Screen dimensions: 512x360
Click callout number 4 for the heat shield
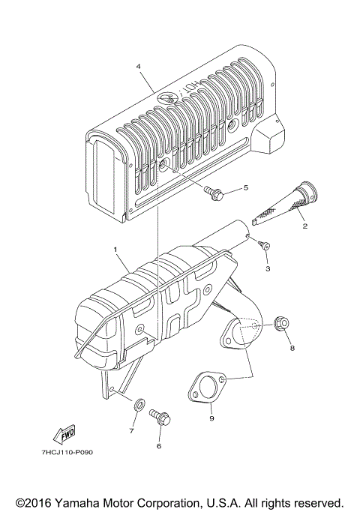coord(139,67)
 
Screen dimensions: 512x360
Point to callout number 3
coord(268,267)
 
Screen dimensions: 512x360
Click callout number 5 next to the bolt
coord(243,188)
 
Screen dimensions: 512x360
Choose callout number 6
coord(158,446)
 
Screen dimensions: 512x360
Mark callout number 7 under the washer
coord(130,431)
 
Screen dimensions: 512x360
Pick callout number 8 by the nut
coord(292,348)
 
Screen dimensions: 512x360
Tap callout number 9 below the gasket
coord(211,418)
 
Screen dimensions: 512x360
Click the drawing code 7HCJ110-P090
coord(63,453)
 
